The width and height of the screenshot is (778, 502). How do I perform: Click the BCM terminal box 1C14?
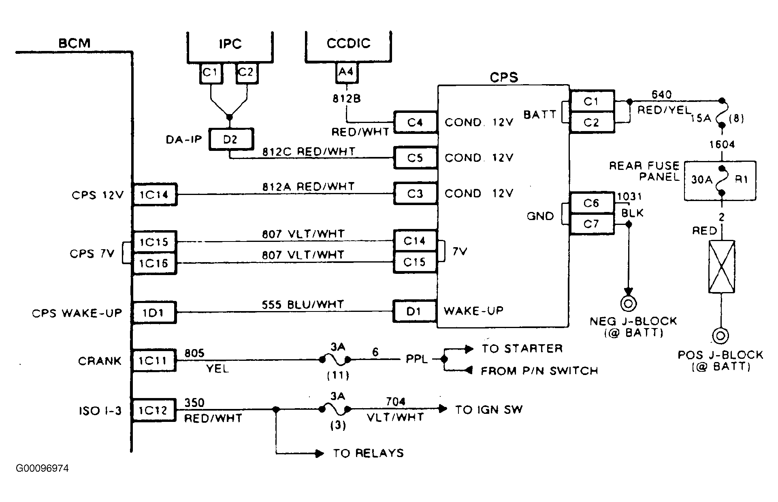click(x=154, y=195)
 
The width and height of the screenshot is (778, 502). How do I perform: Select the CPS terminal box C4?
click(x=415, y=122)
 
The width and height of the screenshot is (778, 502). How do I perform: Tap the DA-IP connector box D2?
click(x=230, y=140)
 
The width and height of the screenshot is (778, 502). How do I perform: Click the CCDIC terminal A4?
click(x=346, y=72)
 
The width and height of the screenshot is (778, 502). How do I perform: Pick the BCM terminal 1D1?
click(x=154, y=312)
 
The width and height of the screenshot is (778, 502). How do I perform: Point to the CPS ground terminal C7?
click(x=591, y=224)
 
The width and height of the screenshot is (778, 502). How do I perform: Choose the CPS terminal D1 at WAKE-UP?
click(x=414, y=311)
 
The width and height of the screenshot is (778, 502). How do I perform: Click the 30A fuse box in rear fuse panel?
click(x=720, y=180)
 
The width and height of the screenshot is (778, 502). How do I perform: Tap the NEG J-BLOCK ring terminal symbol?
click(x=628, y=303)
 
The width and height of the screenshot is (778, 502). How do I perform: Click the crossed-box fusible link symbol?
click(x=722, y=267)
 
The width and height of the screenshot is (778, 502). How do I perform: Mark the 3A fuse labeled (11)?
click(x=335, y=359)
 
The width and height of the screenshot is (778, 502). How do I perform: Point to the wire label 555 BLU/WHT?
click(x=303, y=305)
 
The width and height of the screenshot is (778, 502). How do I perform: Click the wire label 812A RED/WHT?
click(x=308, y=186)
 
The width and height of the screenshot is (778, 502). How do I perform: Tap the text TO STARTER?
click(x=522, y=349)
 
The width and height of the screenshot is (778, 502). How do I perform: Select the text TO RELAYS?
click(x=369, y=453)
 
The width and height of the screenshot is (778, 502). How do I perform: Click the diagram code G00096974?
click(x=43, y=468)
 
